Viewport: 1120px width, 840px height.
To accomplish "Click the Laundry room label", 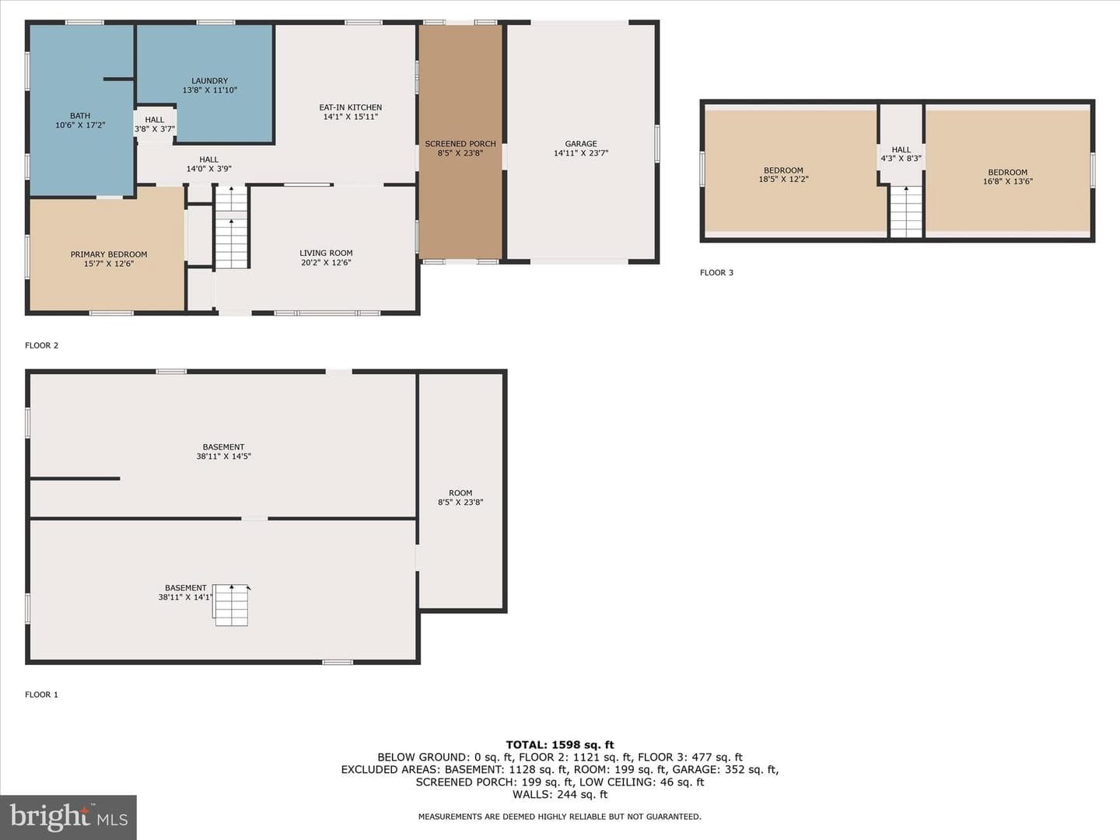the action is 210,81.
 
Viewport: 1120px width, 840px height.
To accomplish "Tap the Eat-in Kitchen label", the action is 351,107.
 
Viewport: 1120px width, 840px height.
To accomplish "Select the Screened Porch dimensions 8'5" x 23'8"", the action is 460,153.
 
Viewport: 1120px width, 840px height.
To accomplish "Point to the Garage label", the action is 581,144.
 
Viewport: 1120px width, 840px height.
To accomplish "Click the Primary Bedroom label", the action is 109,254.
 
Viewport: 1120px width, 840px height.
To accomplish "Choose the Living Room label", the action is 326,253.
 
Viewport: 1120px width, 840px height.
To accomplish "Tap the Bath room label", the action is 80,116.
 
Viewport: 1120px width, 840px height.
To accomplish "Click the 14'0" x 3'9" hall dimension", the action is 208,169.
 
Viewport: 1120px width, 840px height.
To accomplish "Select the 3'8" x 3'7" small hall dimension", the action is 155,129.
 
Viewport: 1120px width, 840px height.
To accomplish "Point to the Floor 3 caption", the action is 716,272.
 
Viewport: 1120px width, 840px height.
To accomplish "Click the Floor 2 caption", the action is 42,345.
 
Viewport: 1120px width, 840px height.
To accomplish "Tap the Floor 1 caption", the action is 42,694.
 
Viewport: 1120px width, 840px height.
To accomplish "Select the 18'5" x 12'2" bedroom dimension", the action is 784,180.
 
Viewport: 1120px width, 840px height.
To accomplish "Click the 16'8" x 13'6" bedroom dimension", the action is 1008,181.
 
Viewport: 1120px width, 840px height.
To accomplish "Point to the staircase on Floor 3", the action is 906,212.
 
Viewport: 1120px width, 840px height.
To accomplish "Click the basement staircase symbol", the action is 231,605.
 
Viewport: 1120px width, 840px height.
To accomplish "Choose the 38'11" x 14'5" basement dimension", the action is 223,457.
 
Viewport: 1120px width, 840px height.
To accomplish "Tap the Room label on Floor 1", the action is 460,493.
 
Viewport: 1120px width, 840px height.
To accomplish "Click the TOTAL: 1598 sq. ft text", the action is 560,744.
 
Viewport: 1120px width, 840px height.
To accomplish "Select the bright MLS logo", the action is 68,817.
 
